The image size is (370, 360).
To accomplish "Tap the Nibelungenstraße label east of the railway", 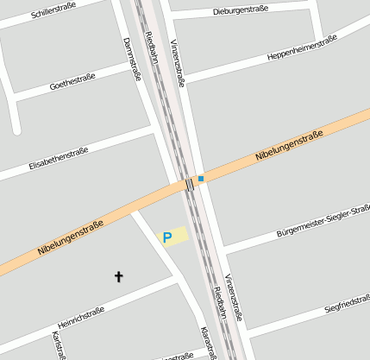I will (289, 147).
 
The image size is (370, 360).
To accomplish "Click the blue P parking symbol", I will (167, 236).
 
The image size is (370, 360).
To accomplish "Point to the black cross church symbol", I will (119, 276).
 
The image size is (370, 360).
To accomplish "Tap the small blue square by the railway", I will (201, 179).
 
